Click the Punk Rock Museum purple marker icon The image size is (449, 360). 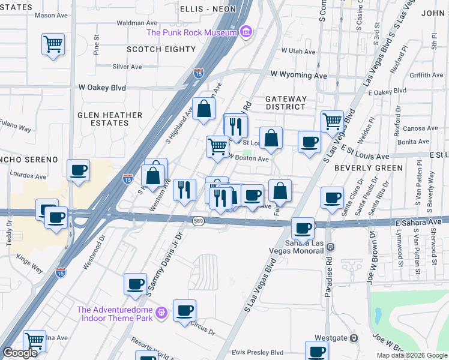pos(246,32)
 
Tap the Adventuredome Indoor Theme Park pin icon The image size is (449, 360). pos(160,313)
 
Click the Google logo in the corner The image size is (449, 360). pos(20,353)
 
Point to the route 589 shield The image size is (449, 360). pos(197,221)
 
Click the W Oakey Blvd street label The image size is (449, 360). pos(102,88)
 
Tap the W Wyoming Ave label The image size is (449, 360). pos(298,76)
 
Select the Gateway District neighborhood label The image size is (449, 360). pos(286,103)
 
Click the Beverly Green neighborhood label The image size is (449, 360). pos(368,168)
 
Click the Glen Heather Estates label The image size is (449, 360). pos(110,119)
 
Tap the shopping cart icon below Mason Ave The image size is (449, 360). pos(53,44)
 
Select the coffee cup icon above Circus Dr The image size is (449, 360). pos(185,310)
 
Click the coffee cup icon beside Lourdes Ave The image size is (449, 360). pos(79,170)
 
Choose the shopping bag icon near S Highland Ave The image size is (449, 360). pos(203,109)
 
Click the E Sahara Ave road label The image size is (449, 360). pos(418,222)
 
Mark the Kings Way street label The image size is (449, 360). pos(30,265)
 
